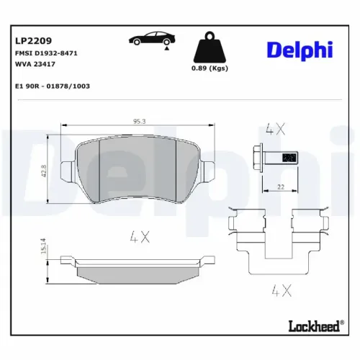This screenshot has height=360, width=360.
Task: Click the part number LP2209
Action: tap(33, 42)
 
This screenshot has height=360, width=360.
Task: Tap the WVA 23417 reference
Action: tap(35, 64)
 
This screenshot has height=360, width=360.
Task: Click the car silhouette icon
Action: tap(149, 40)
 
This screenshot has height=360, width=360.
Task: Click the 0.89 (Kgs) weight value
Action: tap(210, 68)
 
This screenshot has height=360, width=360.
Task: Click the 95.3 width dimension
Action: tap(138, 121)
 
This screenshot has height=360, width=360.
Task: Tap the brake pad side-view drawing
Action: tap(137, 268)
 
